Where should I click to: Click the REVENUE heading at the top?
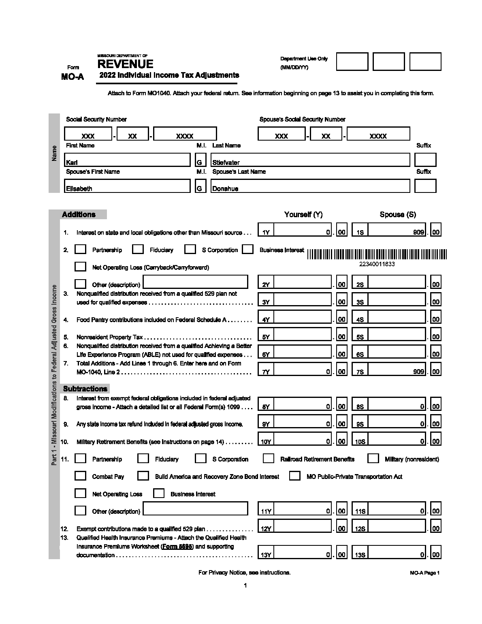click(125, 64)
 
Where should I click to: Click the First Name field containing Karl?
click(127, 160)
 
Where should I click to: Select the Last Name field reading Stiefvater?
click(310, 160)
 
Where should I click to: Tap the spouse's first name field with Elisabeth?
click(127, 186)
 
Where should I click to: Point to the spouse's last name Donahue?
click(310, 186)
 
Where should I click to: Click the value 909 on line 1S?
click(418, 232)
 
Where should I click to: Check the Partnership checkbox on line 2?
click(81, 249)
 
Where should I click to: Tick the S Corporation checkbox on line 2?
click(190, 249)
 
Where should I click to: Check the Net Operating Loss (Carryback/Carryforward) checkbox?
click(81, 267)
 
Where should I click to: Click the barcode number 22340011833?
click(377, 264)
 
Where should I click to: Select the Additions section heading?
click(79, 214)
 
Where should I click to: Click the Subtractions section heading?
click(85, 389)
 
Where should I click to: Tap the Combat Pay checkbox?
click(81, 476)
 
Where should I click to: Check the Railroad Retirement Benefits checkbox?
click(268, 458)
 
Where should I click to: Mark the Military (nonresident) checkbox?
click(373, 458)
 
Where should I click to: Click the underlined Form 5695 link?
click(178, 546)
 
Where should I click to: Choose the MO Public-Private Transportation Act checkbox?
click(294, 476)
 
